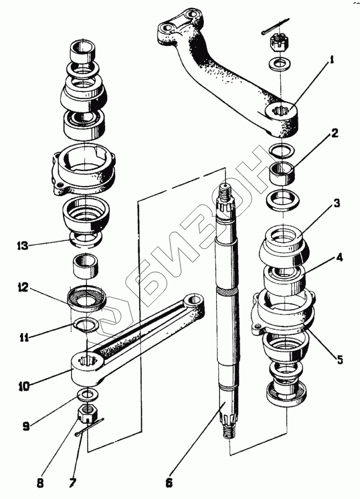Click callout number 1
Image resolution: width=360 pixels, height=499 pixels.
pyautogui.click(x=333, y=60)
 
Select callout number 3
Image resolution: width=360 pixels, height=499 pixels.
pyautogui.click(x=336, y=203)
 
